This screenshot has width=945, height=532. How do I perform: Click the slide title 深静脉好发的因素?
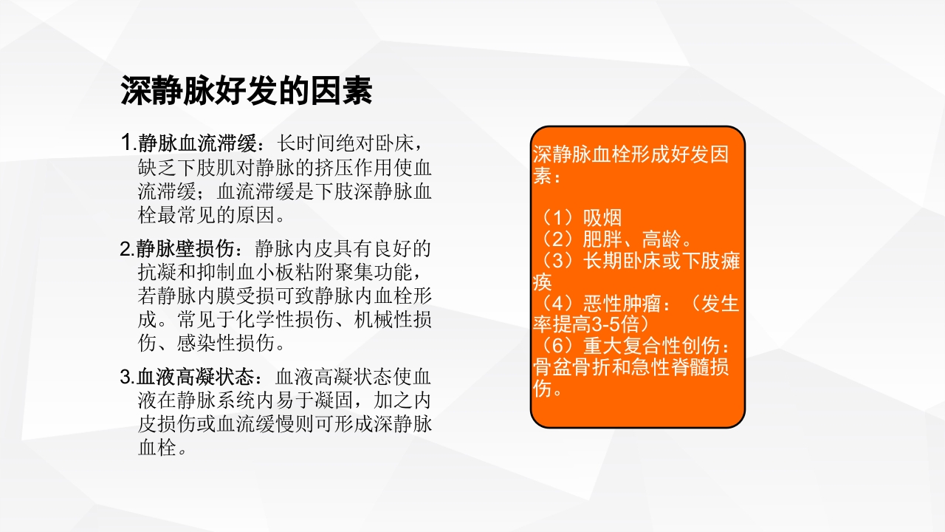(x=247, y=92)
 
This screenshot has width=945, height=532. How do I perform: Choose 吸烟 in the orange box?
(x=602, y=218)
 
